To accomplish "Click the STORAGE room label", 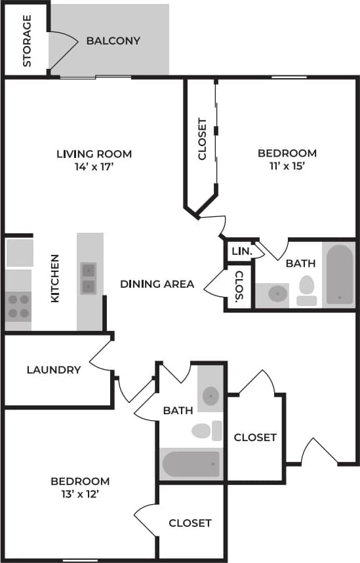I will [x=27, y=41].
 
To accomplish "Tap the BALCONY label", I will [x=113, y=41].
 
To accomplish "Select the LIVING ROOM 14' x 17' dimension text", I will [x=94, y=166].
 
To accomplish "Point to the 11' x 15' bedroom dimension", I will [x=287, y=166].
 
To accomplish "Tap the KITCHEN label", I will [x=55, y=278].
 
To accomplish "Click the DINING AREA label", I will [x=157, y=284].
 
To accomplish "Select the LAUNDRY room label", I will [x=54, y=370].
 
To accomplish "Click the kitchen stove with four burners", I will [x=18, y=305].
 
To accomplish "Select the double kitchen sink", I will [x=89, y=278].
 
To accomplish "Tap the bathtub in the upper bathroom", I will [x=340, y=275].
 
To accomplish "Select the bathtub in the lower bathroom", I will [x=191, y=464].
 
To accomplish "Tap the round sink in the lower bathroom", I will [x=210, y=395].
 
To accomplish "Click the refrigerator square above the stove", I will [x=20, y=252].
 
